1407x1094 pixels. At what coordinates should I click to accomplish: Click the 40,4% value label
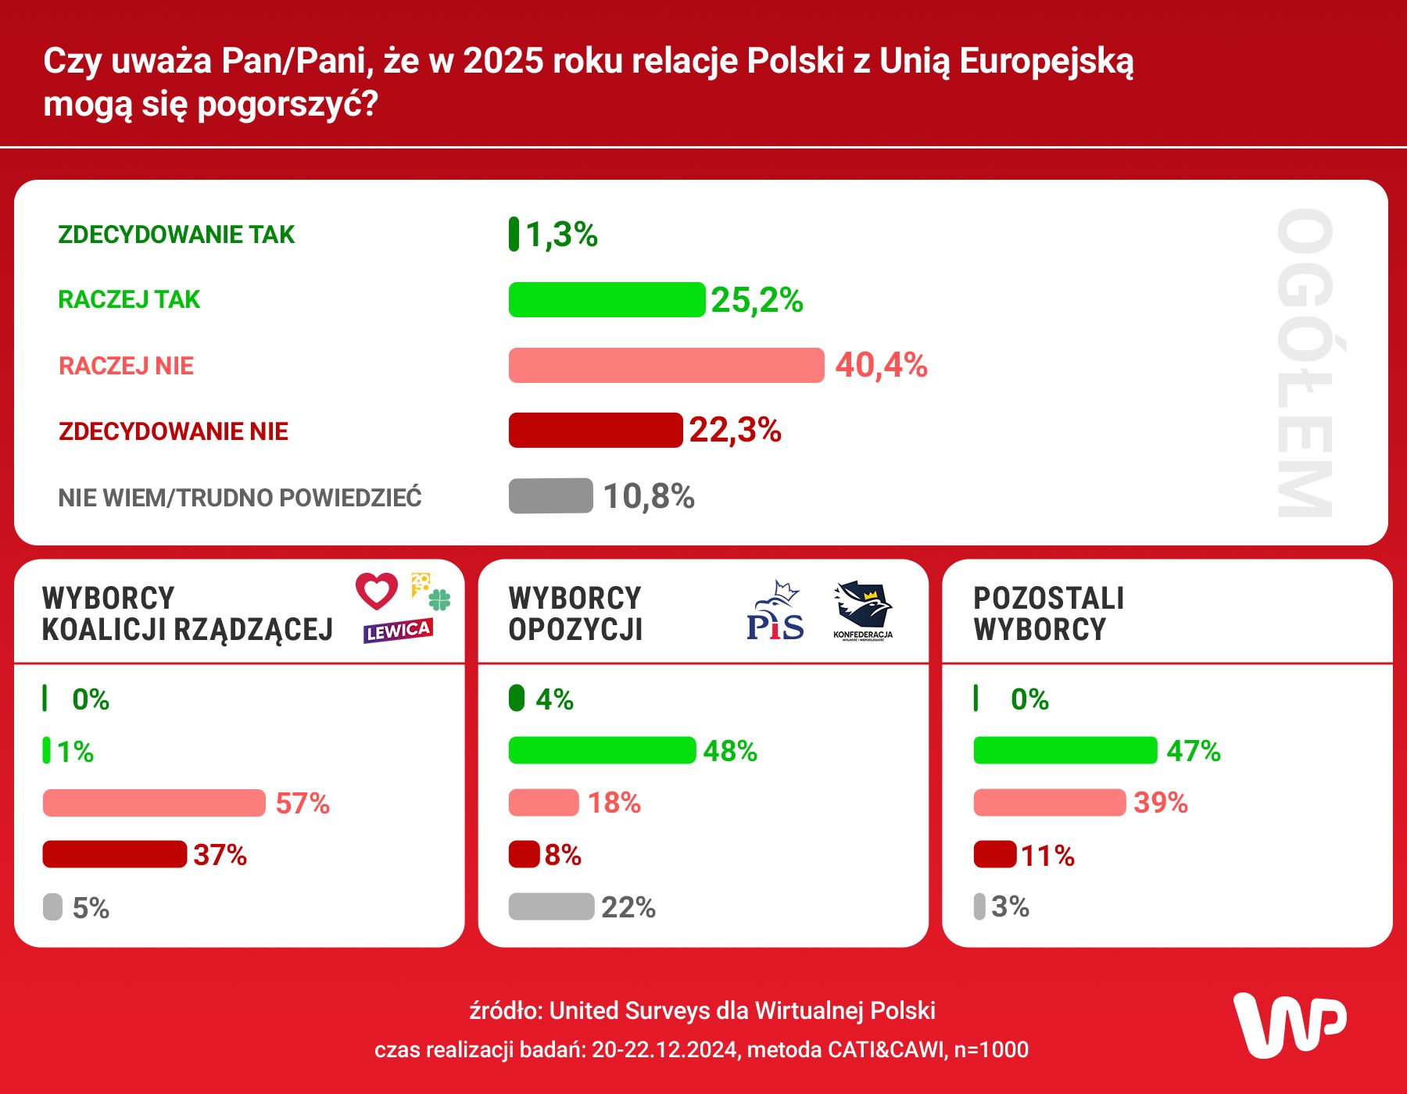[881, 365]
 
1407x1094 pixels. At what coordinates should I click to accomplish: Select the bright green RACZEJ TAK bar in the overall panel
[607, 300]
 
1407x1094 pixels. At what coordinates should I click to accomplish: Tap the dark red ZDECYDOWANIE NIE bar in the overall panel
[596, 431]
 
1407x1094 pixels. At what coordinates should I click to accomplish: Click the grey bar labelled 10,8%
[551, 496]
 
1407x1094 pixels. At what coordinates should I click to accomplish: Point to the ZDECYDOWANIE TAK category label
[176, 234]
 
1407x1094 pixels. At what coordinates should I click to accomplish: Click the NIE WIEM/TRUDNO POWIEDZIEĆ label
[240, 498]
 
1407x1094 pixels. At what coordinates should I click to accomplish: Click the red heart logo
[377, 591]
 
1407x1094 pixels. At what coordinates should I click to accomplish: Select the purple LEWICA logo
[398, 631]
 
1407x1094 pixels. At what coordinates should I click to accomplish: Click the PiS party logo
[775, 613]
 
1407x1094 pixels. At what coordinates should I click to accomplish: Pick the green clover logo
[440, 600]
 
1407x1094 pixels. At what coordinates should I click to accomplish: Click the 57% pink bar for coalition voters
[154, 803]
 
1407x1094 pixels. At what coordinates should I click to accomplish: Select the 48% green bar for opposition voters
[602, 751]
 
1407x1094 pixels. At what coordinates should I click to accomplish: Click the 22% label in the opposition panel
[628, 907]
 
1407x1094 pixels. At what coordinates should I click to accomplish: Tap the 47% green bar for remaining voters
[1065, 751]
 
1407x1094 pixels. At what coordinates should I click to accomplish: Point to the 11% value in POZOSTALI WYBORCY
[1047, 856]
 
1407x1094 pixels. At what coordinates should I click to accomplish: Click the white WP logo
[1289, 1025]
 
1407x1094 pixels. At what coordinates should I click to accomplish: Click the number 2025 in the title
[503, 61]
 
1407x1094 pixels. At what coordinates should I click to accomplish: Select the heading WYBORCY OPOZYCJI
[575, 613]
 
